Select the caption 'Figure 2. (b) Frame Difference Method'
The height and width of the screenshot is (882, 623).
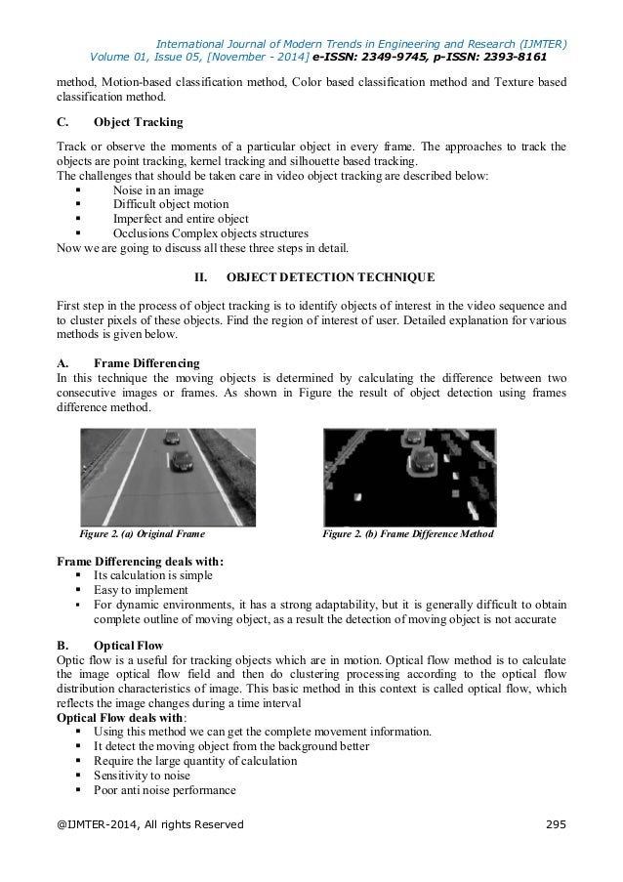pos(409,534)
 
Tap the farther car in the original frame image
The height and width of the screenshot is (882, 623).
pos(171,437)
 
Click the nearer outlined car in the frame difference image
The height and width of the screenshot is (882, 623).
pos(423,458)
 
